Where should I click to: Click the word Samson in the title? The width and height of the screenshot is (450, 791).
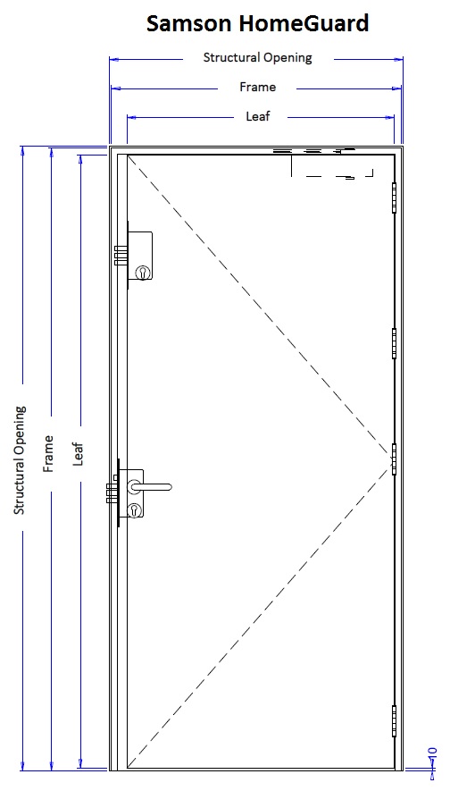[x=190, y=23]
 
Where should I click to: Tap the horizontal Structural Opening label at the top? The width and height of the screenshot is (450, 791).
[x=257, y=58]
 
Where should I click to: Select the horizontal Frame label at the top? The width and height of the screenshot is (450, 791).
[x=257, y=88]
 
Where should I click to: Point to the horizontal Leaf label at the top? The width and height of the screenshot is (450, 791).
[x=258, y=116]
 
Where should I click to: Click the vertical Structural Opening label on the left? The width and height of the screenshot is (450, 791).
[x=20, y=460]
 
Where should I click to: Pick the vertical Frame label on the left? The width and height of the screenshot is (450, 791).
[x=48, y=453]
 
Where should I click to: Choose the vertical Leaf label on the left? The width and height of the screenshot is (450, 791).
[x=78, y=453]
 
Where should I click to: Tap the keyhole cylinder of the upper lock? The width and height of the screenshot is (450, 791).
[x=142, y=273]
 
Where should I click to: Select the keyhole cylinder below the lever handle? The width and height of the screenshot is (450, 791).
[x=135, y=510]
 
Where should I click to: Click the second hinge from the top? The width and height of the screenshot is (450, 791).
[x=394, y=343]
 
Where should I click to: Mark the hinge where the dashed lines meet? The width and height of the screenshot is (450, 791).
[x=394, y=459]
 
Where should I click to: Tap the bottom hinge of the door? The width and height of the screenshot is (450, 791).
[x=394, y=721]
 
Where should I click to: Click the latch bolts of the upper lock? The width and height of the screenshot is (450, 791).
[x=121, y=256]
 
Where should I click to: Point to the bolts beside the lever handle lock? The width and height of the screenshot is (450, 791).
[x=112, y=492]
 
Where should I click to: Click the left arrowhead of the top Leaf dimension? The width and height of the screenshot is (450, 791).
[x=131, y=118]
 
